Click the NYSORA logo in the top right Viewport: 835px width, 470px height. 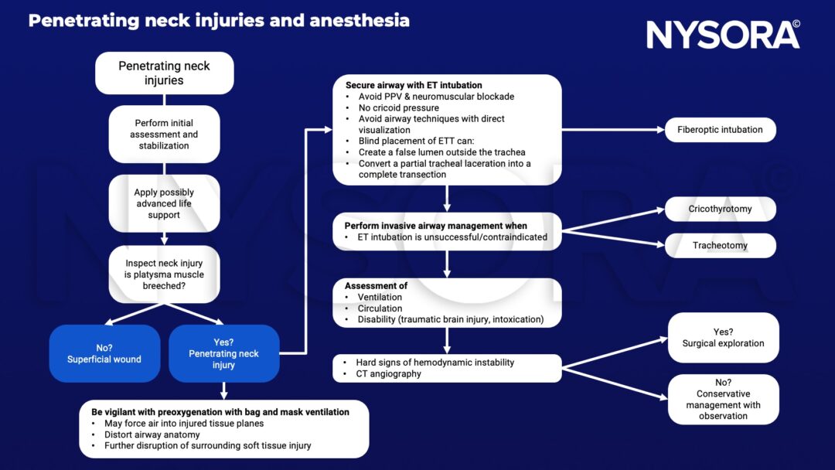click(722, 35)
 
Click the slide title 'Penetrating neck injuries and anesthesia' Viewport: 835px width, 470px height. click(219, 21)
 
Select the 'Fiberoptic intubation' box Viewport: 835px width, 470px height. click(720, 130)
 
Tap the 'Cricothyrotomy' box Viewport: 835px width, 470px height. click(720, 209)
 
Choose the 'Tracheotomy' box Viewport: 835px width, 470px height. click(720, 246)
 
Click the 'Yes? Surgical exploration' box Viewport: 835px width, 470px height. click(723, 338)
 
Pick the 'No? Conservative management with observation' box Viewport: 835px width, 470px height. click(723, 400)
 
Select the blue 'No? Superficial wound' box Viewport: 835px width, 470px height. click(104, 353)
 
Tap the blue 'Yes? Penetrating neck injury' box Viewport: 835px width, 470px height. click(223, 353)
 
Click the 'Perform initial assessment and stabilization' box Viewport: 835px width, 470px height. click(164, 135)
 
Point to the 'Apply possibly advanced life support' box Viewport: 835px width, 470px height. click(164, 203)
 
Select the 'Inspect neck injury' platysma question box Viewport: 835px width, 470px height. click(164, 274)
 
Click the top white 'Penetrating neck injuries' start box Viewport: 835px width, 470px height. click(164, 73)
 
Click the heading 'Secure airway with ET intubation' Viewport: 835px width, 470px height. click(414, 85)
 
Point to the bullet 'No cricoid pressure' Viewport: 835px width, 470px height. click(398, 108)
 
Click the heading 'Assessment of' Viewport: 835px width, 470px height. click(376, 286)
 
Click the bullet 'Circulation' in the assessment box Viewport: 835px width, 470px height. click(380, 308)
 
